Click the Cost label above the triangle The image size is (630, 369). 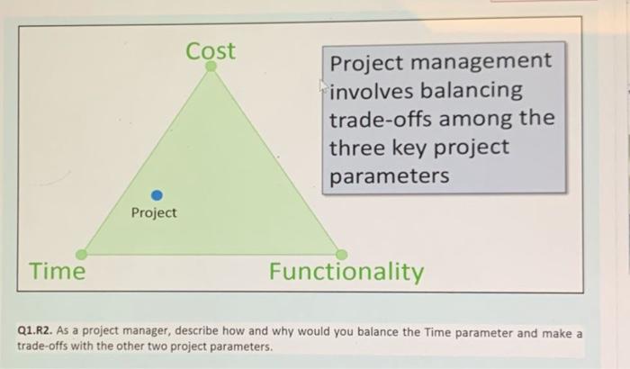211,50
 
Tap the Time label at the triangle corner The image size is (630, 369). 57,271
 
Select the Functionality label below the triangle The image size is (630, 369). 346,272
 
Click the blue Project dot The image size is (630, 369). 157,194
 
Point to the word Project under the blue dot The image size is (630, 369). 154,213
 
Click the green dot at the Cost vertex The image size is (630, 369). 211,66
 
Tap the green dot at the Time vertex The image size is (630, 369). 81,255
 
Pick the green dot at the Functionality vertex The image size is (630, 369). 341,255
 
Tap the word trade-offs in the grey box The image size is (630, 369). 388,119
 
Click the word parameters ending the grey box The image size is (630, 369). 388,175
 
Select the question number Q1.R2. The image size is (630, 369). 36,332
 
